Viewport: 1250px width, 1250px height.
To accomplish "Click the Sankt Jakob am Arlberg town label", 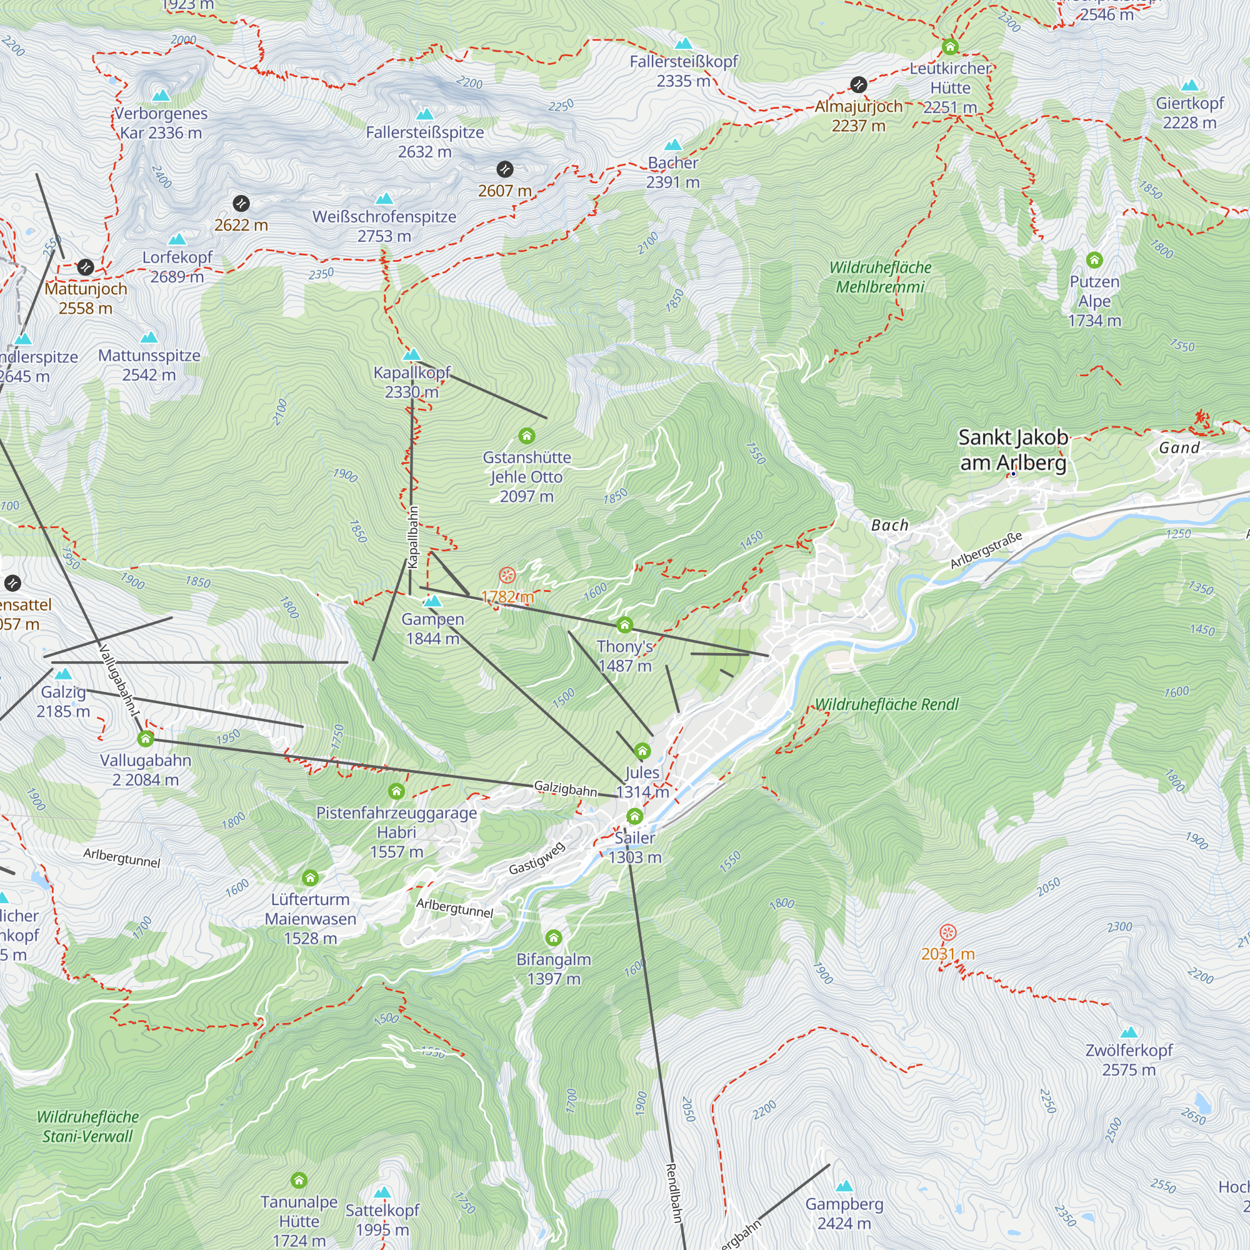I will [1012, 449].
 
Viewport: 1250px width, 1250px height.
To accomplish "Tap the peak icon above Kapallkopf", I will [412, 354].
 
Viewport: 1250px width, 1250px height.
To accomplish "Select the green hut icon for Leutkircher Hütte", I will [950, 47].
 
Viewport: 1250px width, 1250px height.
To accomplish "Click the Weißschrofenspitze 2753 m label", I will [384, 226].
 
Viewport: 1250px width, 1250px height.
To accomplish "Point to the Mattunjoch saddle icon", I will [86, 267].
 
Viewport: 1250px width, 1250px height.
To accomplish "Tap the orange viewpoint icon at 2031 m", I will [948, 932].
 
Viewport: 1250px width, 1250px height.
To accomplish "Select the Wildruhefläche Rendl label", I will [886, 704].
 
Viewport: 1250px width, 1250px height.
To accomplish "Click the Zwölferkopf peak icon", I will [1129, 1032].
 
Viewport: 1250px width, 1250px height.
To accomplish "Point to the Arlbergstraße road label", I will [986, 549].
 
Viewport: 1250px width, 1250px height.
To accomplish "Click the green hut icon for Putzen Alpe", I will [1094, 260].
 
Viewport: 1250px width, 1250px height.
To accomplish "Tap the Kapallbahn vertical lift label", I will [412, 537].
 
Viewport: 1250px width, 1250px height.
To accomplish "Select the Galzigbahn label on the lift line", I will [565, 789].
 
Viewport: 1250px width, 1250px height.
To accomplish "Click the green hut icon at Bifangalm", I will [553, 937].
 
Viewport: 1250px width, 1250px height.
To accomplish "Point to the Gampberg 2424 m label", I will [844, 1213].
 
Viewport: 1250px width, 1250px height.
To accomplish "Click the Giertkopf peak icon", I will [1190, 86].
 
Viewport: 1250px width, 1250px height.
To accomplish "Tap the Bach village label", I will [889, 525].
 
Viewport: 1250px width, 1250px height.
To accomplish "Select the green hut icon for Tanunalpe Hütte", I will [299, 1180].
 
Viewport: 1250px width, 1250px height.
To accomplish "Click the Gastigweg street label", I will [536, 858].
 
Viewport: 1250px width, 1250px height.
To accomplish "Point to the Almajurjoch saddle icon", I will [859, 84].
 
